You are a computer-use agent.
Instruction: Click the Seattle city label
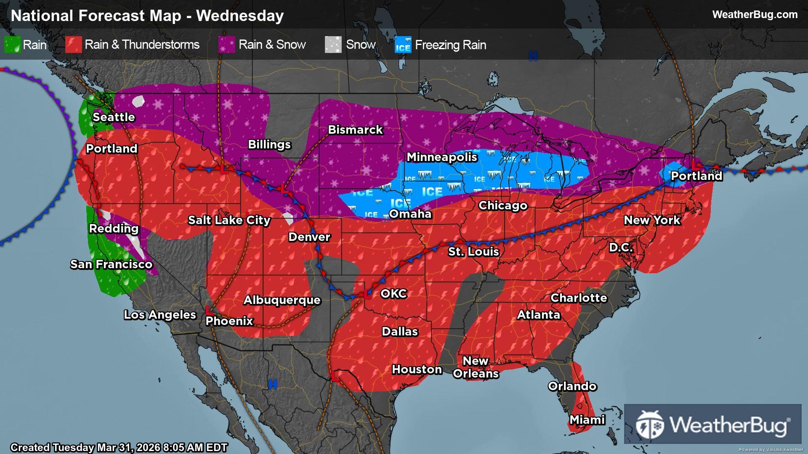(114, 117)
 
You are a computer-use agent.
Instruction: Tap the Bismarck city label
(355, 129)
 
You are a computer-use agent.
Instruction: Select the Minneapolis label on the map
(442, 157)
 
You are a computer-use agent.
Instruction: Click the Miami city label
(587, 420)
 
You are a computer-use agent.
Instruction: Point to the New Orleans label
(476, 367)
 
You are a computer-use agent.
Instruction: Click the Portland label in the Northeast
(696, 176)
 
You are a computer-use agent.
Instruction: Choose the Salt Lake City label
(229, 220)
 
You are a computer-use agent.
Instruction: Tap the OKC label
(393, 293)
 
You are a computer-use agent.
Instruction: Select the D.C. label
(621, 247)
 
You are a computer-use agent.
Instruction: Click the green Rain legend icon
(12, 45)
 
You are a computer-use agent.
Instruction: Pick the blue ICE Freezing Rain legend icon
(403, 45)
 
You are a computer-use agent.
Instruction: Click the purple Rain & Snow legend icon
(227, 45)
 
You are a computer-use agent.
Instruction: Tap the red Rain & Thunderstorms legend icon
(74, 45)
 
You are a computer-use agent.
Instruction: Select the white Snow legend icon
(333, 45)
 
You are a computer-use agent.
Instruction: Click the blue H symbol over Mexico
(273, 384)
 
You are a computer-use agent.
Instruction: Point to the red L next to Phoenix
(208, 310)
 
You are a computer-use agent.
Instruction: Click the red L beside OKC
(367, 295)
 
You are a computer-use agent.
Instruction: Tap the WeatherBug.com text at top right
(755, 14)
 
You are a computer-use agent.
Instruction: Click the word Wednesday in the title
(240, 16)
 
